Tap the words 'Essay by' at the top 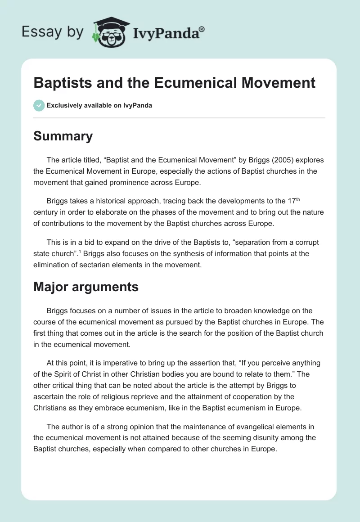(x=52, y=32)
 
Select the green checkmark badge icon (x=39, y=105)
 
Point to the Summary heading (x=63, y=136)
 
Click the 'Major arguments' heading (x=86, y=287)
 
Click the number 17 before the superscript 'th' (x=292, y=201)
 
